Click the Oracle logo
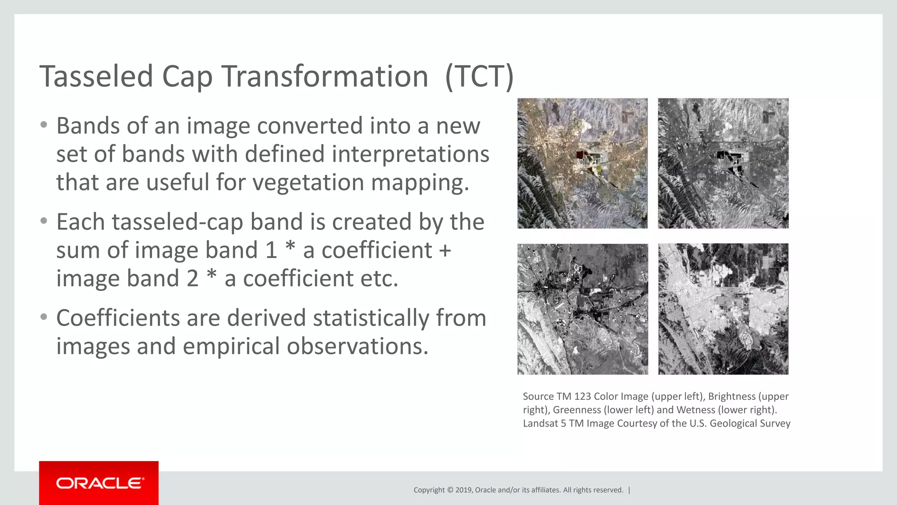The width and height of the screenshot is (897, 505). pos(99,483)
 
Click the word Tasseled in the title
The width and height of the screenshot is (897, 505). pos(96,77)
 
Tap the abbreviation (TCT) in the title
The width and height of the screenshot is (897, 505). pos(479,77)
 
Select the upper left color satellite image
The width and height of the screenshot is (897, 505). pos(582,163)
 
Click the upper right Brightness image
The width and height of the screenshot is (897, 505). pos(723,163)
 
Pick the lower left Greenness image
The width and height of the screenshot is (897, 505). pos(582,309)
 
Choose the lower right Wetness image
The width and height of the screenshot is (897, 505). pos(723,309)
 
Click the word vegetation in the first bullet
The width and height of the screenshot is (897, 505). pos(308,182)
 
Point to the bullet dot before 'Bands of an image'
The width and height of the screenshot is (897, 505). pos(43,125)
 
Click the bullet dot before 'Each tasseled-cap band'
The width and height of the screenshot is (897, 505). pos(43,221)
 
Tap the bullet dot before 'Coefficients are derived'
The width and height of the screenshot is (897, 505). pos(43,317)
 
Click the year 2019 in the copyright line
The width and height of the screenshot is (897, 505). pos(463,490)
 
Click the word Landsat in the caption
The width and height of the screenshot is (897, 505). pos(540,423)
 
